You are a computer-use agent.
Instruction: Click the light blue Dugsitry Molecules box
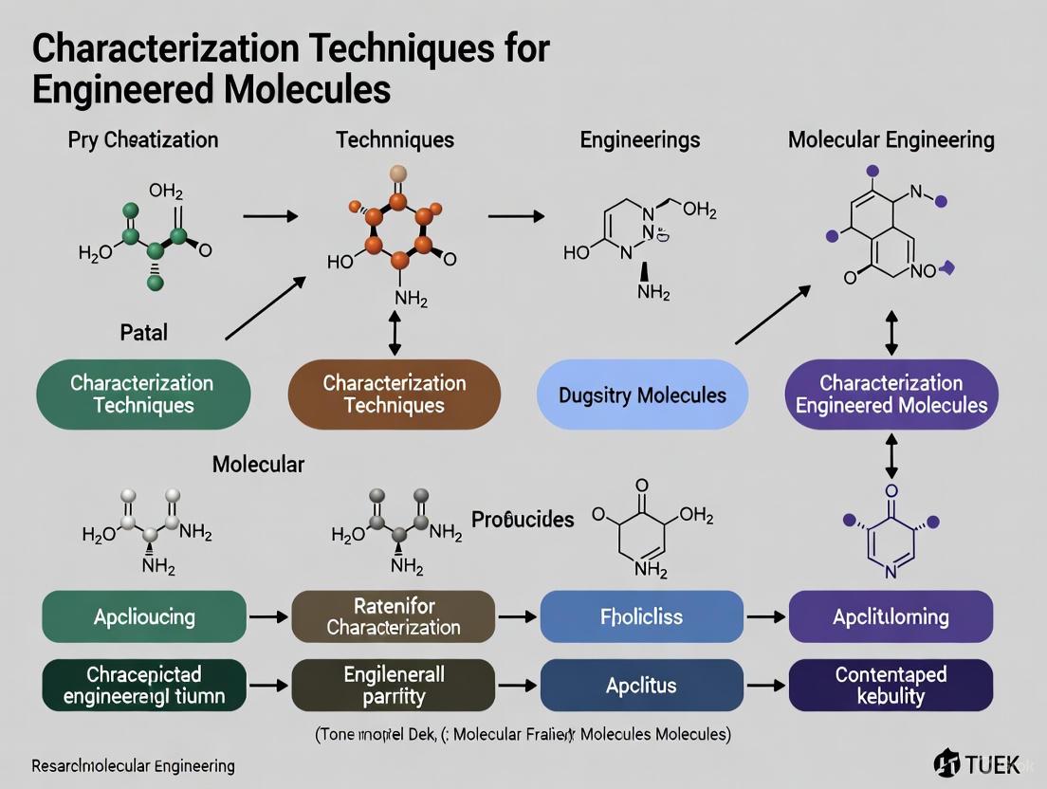point(642,394)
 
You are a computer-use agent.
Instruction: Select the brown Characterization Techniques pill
point(394,394)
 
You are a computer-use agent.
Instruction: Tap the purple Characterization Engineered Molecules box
point(891,394)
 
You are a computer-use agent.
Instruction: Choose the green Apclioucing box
point(144,616)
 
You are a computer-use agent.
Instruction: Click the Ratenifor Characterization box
point(393,616)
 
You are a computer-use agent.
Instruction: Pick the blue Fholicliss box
point(641,616)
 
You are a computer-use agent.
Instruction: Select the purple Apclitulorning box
point(891,616)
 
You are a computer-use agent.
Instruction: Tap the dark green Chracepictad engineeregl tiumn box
point(144,686)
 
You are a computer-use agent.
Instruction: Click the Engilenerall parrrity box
point(393,686)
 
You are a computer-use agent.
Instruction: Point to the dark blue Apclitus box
point(641,686)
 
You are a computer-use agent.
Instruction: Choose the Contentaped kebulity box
point(891,686)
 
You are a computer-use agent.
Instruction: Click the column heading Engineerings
point(639,140)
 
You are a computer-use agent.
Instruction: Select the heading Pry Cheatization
point(143,140)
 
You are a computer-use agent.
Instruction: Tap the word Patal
point(144,334)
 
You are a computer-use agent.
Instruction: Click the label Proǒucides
point(523,520)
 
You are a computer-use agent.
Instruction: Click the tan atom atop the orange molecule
point(398,174)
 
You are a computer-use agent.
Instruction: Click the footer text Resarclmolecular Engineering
point(133,765)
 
